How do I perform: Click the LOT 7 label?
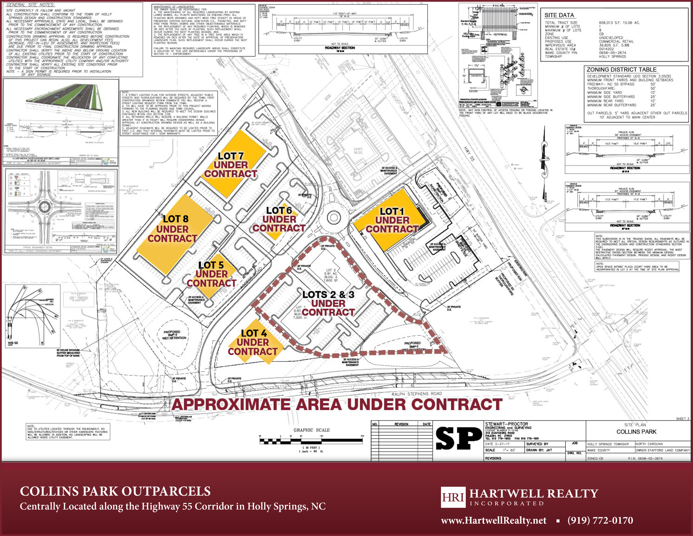click(231, 156)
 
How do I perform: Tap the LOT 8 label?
click(176, 219)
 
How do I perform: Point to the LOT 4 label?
click(254, 333)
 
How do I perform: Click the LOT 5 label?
click(211, 265)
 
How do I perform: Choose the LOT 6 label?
click(279, 211)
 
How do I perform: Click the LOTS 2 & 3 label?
click(328, 295)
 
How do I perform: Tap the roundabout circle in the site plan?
click(333, 218)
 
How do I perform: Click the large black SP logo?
click(458, 438)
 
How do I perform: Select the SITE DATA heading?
click(559, 15)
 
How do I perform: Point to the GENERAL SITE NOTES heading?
click(30, 5)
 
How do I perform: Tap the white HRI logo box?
click(453, 497)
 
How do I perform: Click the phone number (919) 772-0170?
click(600, 520)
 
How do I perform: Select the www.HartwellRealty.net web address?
click(493, 520)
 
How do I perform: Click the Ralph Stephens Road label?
click(417, 394)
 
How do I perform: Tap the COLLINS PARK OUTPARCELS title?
click(115, 491)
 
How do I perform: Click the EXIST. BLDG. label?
click(358, 151)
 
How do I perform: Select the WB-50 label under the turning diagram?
click(13, 343)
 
